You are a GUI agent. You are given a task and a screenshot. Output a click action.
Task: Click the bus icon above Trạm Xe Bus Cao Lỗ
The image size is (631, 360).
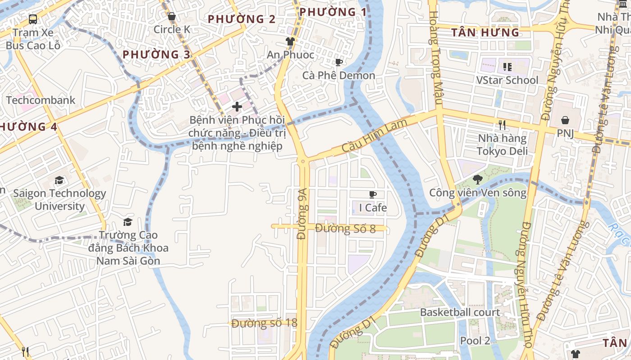click(33, 19)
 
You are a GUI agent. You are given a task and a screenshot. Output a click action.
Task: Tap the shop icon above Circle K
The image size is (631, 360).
click(171, 17)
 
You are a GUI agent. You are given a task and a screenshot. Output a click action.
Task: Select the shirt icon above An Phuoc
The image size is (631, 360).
click(290, 41)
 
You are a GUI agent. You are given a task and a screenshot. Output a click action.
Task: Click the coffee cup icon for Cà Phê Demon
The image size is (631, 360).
click(338, 62)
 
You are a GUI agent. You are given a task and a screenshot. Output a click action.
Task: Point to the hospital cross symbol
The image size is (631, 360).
click(237, 107)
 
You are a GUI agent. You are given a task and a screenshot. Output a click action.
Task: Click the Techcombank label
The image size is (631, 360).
click(41, 100)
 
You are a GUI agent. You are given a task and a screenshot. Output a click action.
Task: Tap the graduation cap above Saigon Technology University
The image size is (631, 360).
click(59, 180)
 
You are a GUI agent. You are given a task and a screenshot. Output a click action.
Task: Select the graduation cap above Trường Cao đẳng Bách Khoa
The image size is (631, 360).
click(128, 222)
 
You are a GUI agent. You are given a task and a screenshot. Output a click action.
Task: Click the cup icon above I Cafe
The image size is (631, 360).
click(373, 194)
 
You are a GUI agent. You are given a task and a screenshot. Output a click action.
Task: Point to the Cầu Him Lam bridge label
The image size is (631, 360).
click(375, 135)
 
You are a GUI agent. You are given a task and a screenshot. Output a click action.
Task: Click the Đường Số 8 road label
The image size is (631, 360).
click(345, 229)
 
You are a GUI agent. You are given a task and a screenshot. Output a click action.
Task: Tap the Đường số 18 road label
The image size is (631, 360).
click(265, 323)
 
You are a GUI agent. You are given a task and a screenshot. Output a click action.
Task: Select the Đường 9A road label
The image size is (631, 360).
click(302, 214)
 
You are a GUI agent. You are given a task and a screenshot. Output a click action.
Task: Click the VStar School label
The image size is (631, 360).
click(507, 80)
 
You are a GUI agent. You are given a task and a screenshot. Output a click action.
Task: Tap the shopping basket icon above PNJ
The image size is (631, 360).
click(565, 120)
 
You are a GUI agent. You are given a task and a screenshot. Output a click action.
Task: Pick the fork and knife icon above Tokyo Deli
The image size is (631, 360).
click(502, 125)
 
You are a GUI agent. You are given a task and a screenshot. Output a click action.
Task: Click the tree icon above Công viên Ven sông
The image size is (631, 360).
click(477, 180)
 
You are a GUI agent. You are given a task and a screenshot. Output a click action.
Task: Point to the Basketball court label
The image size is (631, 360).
click(460, 312)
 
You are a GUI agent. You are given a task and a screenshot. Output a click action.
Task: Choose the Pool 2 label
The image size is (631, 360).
click(475, 341)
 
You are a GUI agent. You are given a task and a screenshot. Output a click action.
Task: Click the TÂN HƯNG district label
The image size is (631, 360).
click(485, 32)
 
